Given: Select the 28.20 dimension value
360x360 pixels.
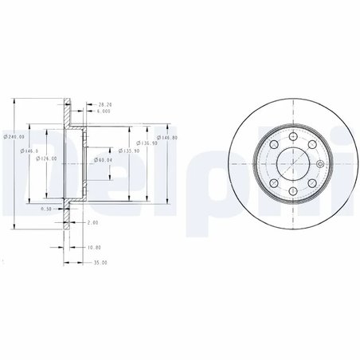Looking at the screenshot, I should click(104, 104).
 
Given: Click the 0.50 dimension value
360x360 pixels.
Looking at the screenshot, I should click(46, 209).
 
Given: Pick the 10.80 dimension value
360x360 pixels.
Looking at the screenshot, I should click(93, 247).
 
